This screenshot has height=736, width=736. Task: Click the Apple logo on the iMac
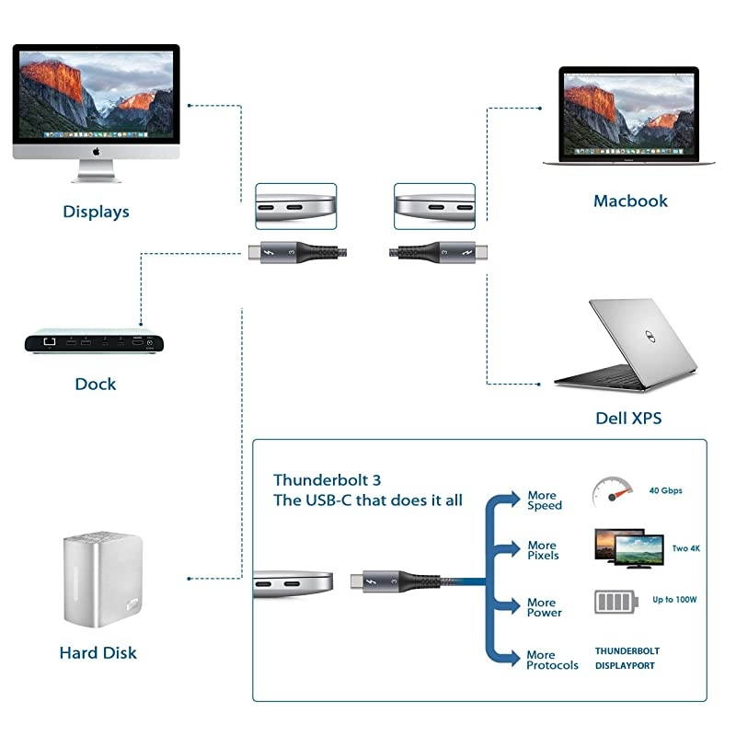96,151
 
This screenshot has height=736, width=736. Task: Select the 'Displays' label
96,212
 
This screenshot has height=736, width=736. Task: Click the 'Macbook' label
630,201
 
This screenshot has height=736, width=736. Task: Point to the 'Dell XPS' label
628,419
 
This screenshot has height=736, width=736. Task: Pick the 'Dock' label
96,383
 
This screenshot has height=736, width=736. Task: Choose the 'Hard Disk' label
98,653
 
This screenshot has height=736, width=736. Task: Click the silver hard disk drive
100,579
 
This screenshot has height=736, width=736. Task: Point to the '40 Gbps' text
665,491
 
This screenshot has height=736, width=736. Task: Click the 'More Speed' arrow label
544,500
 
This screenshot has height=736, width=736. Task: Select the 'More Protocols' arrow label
552,660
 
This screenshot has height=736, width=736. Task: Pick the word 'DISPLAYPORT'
625,665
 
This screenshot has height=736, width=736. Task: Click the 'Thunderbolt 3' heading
314,480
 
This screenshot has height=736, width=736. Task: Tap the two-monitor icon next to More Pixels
629,549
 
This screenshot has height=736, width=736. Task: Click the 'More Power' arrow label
543,607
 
